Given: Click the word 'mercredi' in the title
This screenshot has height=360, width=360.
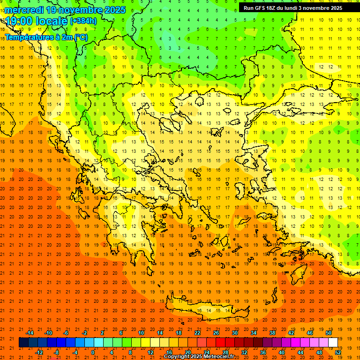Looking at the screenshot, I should tap(24, 10).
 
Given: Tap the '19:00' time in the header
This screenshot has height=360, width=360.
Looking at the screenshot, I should tap(19, 21).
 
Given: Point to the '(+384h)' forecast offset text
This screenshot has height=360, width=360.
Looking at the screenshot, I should tap(83, 21).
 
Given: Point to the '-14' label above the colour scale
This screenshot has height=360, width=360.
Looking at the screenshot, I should tap(29, 333).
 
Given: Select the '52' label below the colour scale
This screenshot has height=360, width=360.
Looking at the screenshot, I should tap(338, 352).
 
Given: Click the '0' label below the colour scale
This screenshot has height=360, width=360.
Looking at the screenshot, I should tap(93, 352).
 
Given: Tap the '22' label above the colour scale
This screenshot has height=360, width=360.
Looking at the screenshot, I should tap(197, 333).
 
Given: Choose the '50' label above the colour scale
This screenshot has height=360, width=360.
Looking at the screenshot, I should tap(329, 333).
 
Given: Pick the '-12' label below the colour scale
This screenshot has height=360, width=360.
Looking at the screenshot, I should tap(39, 352).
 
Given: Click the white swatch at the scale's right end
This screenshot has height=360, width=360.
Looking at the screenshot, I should tap(333, 342).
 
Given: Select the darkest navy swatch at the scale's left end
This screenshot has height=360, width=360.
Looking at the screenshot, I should tap(23, 342).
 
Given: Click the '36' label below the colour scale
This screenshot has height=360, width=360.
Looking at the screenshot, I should tap(262, 352).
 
